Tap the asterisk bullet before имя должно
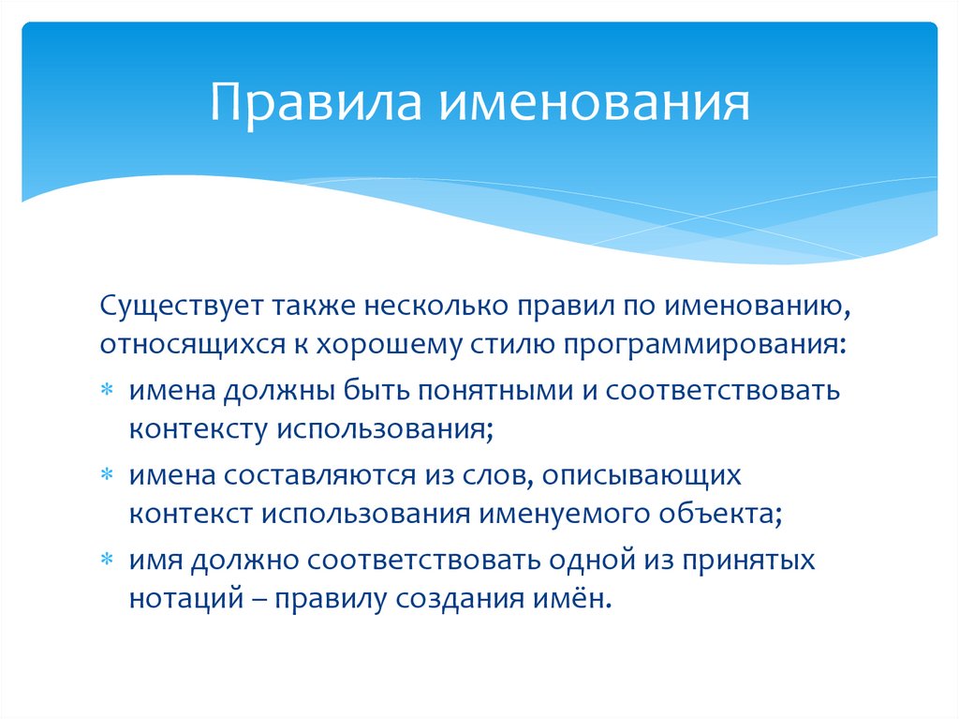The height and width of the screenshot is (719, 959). tap(110, 561)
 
